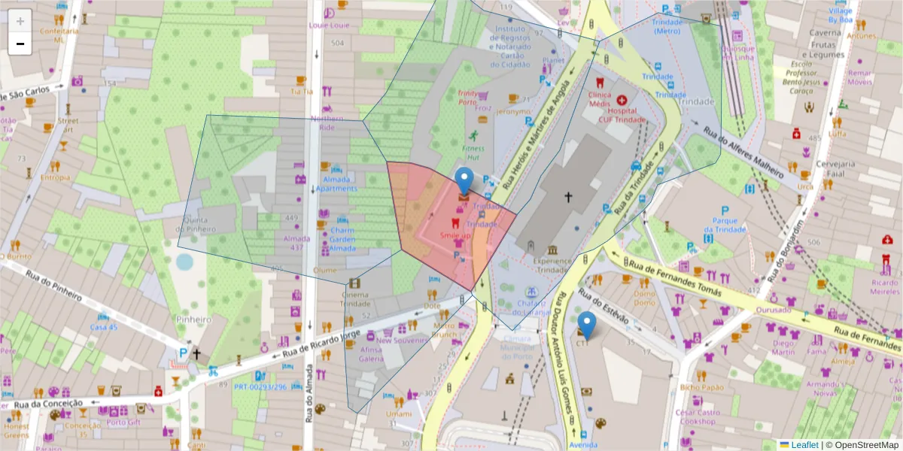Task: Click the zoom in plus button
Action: pos(20,21)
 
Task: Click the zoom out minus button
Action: pos(20,44)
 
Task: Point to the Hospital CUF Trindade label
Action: pos(621,114)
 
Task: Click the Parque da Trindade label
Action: pos(725,225)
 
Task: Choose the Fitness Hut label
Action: pos(473,153)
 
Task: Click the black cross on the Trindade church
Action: pos(568,197)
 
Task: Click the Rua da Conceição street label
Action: pos(49,404)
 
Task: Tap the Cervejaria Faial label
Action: pos(837,168)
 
